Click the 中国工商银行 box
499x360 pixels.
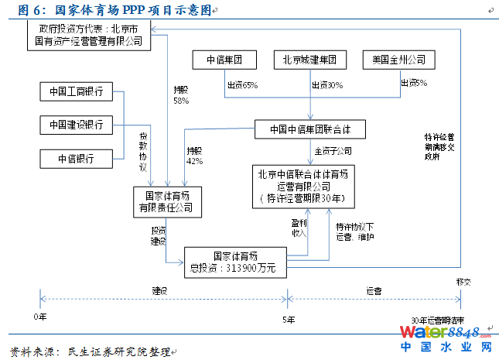(x=75, y=91)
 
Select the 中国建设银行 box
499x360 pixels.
(x=75, y=125)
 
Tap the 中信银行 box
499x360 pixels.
(x=75, y=159)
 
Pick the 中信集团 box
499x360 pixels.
(x=224, y=60)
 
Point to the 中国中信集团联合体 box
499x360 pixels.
(x=309, y=129)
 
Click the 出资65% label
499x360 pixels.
(x=242, y=85)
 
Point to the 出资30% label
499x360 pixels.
(x=327, y=85)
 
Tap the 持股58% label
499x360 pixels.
(x=181, y=95)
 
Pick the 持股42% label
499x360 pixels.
(x=194, y=156)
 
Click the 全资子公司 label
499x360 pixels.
(x=333, y=150)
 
